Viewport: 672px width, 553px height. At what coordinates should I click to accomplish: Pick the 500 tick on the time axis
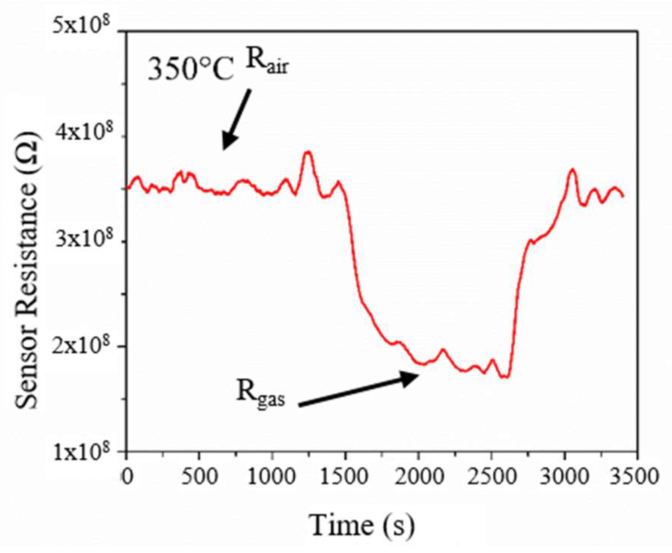[x=199, y=477]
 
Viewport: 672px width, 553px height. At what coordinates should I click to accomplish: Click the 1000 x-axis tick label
[x=272, y=477]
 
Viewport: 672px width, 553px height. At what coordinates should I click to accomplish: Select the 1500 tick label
[x=345, y=477]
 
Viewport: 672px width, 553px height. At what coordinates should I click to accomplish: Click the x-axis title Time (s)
[x=362, y=525]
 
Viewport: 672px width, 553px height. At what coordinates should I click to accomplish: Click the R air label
[x=266, y=64]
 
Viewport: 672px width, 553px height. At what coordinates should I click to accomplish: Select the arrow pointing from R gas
[x=359, y=388]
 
